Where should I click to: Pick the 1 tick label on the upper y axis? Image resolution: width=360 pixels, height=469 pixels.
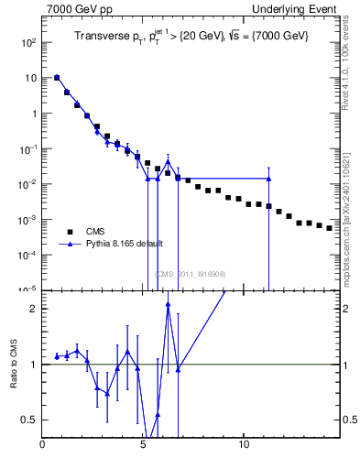click(33, 114)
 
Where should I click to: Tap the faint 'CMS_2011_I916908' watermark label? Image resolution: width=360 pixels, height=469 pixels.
click(190, 274)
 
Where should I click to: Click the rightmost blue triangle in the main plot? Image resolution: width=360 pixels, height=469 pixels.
click(268, 179)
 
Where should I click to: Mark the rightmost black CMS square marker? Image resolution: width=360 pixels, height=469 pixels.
click(329, 227)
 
